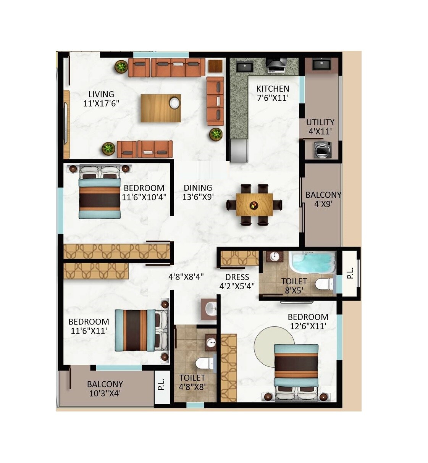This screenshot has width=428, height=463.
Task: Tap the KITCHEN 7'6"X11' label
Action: (273, 93)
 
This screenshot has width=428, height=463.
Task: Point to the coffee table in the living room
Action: (160, 108)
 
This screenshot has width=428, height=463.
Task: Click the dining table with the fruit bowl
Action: (254, 204)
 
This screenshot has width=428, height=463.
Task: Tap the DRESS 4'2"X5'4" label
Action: (237, 281)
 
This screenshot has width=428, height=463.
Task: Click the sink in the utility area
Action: (321, 65)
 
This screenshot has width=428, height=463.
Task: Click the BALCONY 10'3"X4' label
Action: (105, 389)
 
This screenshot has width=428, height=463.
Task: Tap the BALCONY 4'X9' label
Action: (323, 199)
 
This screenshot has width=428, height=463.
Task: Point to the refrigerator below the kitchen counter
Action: (239, 151)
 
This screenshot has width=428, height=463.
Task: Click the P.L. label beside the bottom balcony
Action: (162, 384)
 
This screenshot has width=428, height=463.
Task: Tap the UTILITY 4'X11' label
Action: (320, 127)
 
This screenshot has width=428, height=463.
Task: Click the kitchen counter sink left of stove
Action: (244, 67)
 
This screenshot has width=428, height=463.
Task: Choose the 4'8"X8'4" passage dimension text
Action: (186, 277)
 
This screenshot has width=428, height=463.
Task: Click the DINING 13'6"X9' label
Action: (197, 192)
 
